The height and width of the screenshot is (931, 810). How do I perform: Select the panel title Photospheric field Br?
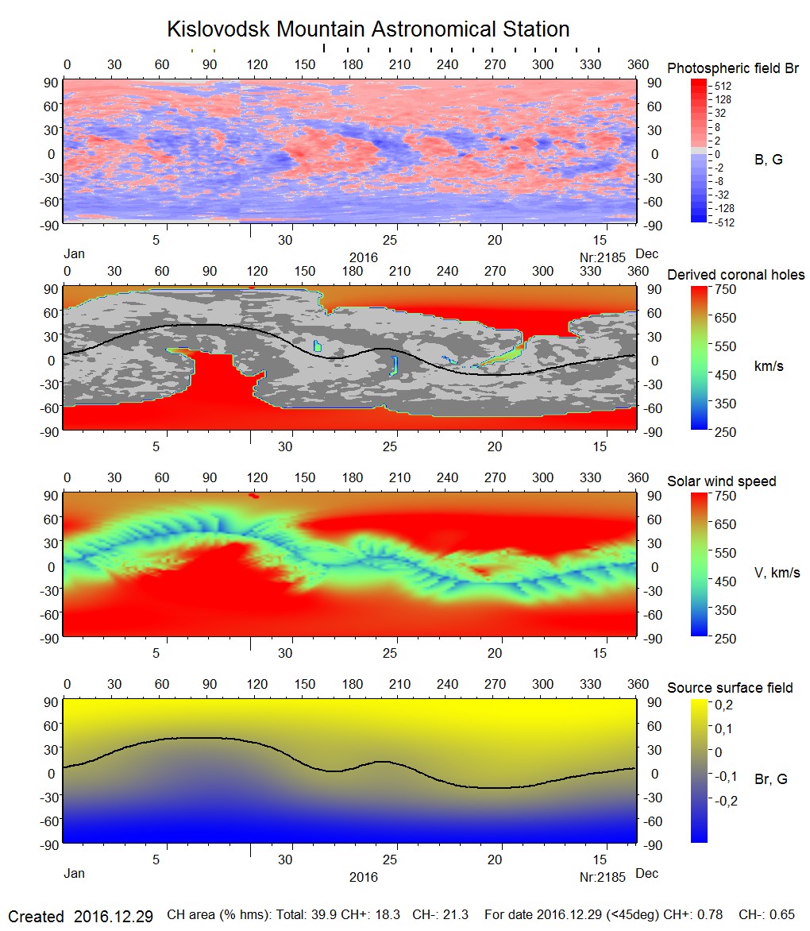pyautogui.click(x=732, y=68)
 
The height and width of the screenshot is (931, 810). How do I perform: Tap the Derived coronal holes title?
pyautogui.click(x=735, y=275)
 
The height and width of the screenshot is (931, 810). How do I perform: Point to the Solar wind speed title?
pyautogui.click(x=721, y=481)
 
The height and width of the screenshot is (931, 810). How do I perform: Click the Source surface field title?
pyautogui.click(x=729, y=688)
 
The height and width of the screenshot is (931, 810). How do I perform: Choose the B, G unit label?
pyautogui.click(x=767, y=160)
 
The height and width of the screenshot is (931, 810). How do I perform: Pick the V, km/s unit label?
pyautogui.click(x=776, y=573)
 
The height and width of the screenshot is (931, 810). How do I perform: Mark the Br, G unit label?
pyautogui.click(x=770, y=779)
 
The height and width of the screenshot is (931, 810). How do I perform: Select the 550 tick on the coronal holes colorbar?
pyautogui.click(x=727, y=346)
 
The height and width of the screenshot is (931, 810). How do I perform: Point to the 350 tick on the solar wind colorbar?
pyautogui.click(x=727, y=610)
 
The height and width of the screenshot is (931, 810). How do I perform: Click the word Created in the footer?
pyautogui.click(x=36, y=916)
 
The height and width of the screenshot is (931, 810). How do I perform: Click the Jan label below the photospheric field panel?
pyautogui.click(x=74, y=255)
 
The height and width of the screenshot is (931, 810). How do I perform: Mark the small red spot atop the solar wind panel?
pyautogui.click(x=254, y=496)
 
